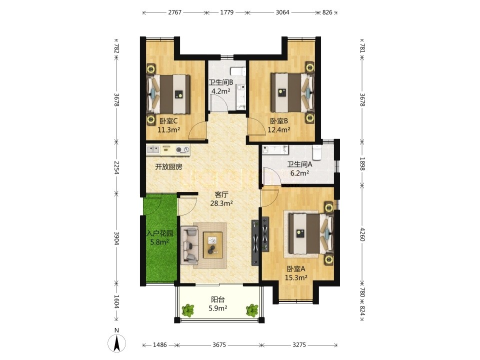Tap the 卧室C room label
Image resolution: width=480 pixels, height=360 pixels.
pos(168,121)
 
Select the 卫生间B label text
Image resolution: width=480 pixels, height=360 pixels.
pos(221,82)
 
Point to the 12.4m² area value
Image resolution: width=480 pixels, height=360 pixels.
pos(279,130)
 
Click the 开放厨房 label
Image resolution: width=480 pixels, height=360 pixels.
pos(168,167)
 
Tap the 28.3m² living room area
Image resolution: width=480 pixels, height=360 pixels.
pos(221,203)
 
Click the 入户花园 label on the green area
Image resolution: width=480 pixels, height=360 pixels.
pos(160,233)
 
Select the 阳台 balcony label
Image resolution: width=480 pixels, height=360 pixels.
pos(217,299)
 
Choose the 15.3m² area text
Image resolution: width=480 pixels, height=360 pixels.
pos(296,278)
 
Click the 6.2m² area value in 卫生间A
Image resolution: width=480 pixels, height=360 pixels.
pos(299,173)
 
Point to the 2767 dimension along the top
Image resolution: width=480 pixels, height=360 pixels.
pos(175,12)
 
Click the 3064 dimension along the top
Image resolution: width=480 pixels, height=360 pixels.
pos(282,12)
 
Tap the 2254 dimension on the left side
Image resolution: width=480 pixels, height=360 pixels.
pos(116,167)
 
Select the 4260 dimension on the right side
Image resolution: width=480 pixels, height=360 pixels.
pos(362,234)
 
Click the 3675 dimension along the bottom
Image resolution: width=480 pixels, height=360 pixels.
pos(219,345)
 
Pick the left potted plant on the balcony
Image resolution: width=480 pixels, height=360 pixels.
pos(187,310)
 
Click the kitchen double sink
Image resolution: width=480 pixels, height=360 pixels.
pos(153,149)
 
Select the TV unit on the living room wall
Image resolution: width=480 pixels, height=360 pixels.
pos(255,242)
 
